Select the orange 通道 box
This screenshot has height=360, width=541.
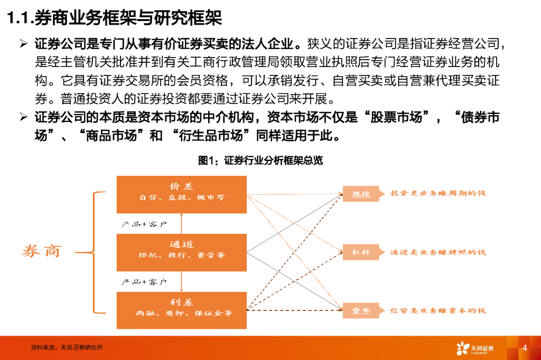pyautogui.click(x=181, y=250)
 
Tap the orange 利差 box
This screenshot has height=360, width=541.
pyautogui.click(x=181, y=307)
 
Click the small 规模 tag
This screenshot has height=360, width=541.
pyautogui.click(x=361, y=194)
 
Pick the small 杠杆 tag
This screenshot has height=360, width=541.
pyautogui.click(x=361, y=252)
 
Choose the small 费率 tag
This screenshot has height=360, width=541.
pyautogui.click(x=361, y=310)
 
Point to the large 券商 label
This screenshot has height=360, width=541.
pyautogui.click(x=41, y=251)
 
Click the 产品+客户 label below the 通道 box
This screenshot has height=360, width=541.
pyautogui.click(x=144, y=282)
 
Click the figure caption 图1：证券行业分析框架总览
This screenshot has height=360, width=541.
pyautogui.click(x=260, y=160)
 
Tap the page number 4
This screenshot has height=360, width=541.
pyautogui.click(x=524, y=348)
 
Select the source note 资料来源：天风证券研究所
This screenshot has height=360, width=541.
pyautogui.click(x=67, y=348)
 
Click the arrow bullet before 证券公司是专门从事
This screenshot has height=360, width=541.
pyautogui.click(x=23, y=43)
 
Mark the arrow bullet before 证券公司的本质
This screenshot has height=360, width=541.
pyautogui.click(x=23, y=117)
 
